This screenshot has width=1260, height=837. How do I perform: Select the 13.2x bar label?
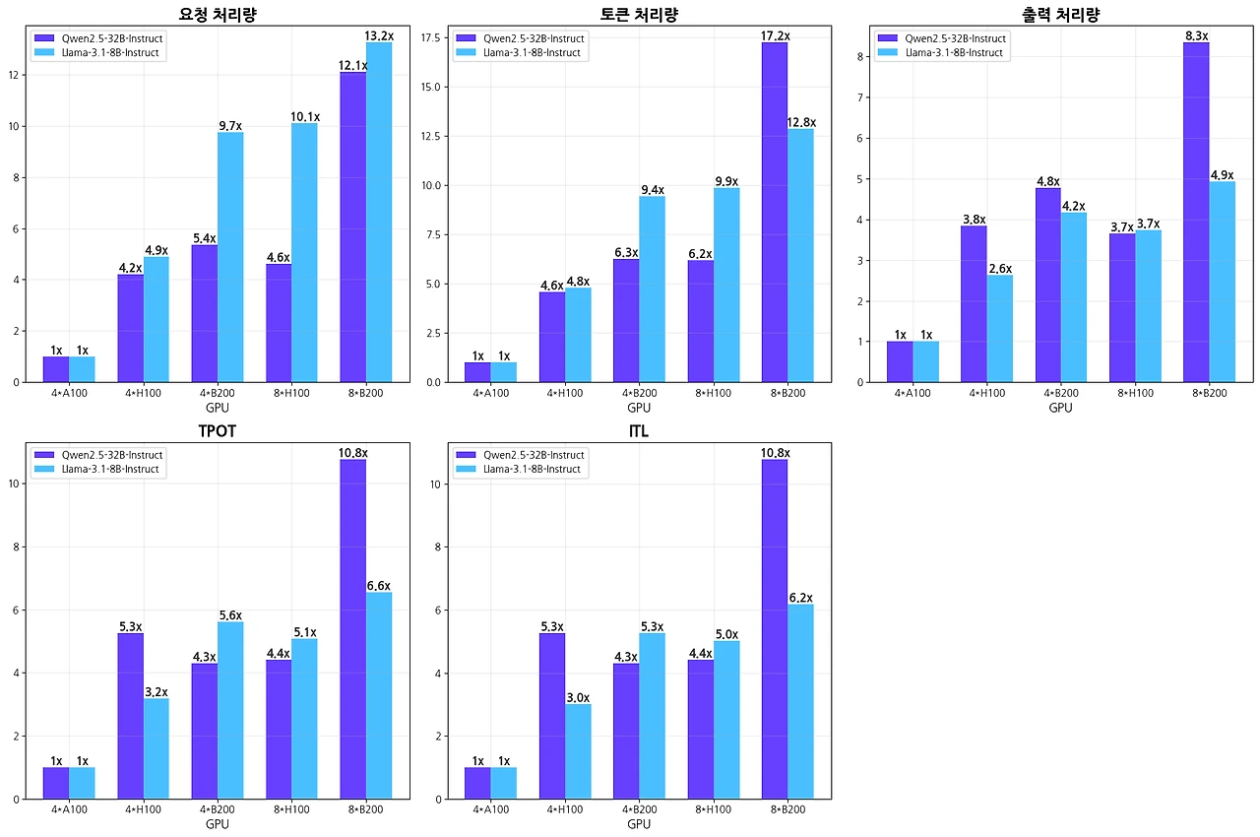click(x=379, y=36)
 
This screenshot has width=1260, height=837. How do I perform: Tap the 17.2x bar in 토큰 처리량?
click(x=774, y=212)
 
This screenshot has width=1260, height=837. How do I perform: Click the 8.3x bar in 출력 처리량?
click(x=1196, y=212)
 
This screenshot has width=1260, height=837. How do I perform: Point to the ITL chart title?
click(x=638, y=431)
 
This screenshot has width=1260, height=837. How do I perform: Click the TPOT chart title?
click(x=217, y=431)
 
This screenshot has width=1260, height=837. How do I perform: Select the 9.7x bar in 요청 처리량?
click(x=230, y=256)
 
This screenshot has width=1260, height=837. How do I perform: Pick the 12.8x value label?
click(x=801, y=122)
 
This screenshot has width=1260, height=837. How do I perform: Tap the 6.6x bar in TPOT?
click(x=379, y=694)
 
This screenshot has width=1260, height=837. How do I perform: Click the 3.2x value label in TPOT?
click(x=156, y=692)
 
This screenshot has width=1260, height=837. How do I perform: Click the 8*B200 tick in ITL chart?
click(x=787, y=809)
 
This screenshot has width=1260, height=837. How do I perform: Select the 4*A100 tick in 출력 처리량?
click(x=913, y=393)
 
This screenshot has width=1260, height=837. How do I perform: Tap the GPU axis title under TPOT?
click(x=217, y=824)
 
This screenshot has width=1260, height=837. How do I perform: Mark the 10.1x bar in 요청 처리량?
click(x=304, y=251)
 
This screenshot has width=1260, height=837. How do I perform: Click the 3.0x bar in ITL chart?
click(x=578, y=750)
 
